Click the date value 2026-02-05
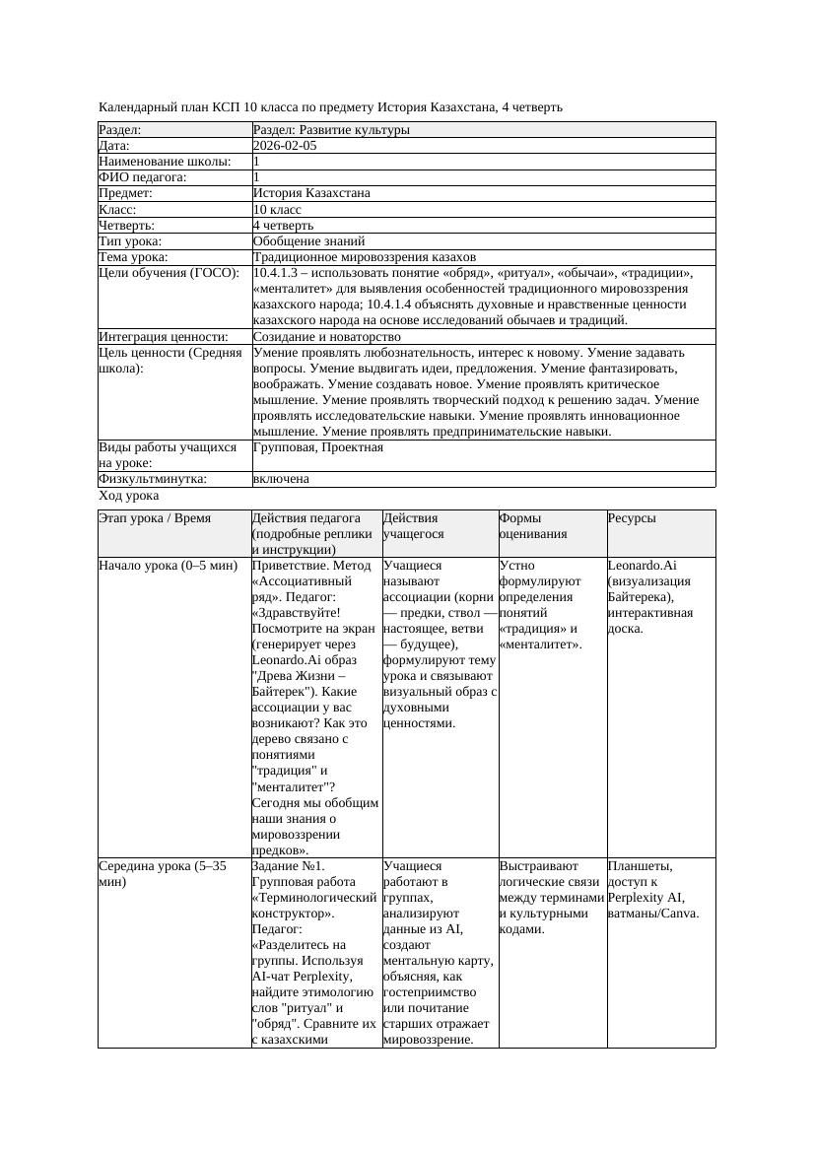coord(285,146)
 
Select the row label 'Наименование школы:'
coord(165,162)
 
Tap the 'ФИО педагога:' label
coord(143,177)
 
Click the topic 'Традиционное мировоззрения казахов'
coord(364,256)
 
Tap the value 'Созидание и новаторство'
coord(326,337)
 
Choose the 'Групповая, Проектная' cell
coord(317,447)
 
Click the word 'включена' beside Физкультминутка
coord(281,479)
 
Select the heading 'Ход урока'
coord(129,496)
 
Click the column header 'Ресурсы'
coord(632,518)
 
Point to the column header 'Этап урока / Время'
coord(155,518)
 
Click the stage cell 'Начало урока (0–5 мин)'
coord(168,567)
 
